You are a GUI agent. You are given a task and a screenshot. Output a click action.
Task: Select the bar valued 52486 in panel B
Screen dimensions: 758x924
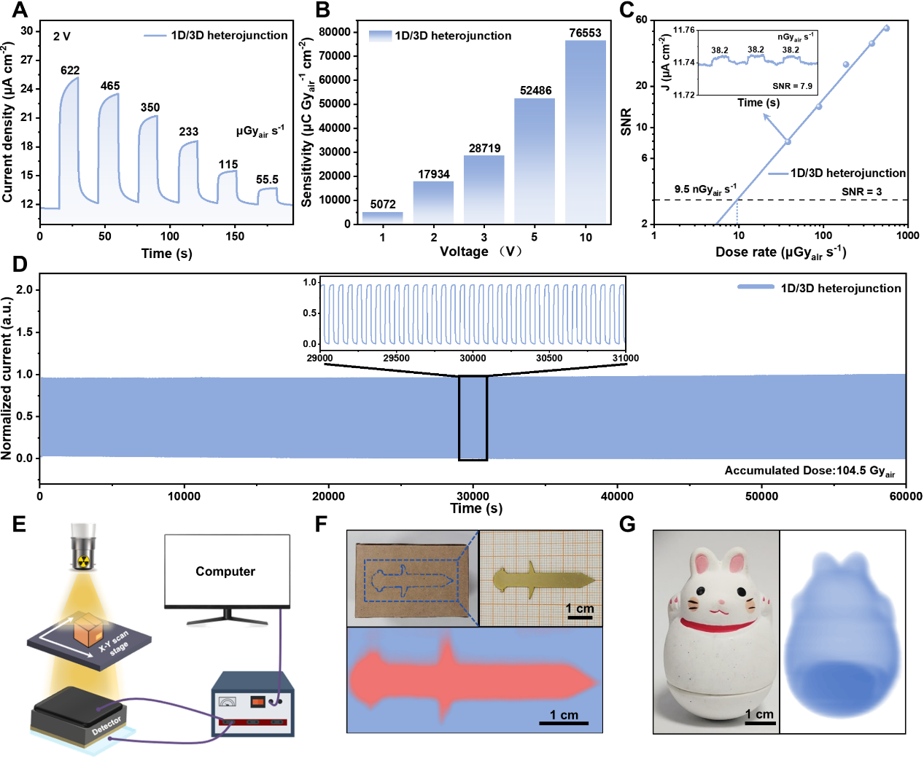(535, 160)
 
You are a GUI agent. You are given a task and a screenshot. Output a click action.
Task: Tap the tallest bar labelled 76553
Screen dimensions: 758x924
(586, 131)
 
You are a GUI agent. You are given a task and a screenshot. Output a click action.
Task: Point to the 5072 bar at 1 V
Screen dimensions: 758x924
(383, 217)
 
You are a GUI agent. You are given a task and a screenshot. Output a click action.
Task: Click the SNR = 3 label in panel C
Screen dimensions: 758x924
(861, 192)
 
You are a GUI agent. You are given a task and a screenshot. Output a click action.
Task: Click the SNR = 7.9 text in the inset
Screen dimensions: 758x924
(792, 86)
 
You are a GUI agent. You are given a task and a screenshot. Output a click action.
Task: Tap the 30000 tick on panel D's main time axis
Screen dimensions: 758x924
(473, 496)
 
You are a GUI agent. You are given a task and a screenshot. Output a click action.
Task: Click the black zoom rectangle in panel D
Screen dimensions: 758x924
(473, 418)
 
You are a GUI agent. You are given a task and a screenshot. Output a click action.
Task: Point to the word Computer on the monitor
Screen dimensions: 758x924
(225, 571)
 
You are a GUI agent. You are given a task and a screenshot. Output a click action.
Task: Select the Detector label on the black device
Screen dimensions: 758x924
(106, 725)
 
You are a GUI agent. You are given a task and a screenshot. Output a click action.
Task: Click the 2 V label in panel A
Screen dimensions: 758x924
(62, 36)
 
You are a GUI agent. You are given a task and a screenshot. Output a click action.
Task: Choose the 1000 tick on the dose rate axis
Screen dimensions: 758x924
(907, 235)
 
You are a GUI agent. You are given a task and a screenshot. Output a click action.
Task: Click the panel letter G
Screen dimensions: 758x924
(627, 523)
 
